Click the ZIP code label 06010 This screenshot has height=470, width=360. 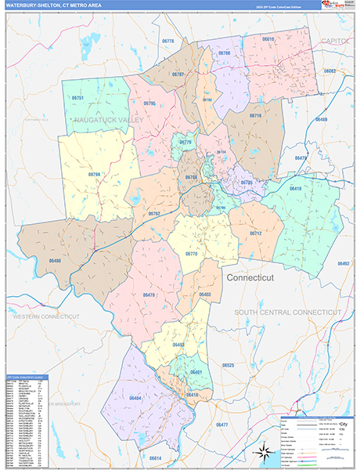(268, 38)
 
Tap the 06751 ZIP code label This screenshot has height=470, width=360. (77, 97)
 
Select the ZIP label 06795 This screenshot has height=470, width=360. (149, 103)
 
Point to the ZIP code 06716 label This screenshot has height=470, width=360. (254, 115)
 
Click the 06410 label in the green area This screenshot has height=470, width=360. (294, 189)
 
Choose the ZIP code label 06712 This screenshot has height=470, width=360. (255, 233)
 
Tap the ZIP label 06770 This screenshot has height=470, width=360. (192, 254)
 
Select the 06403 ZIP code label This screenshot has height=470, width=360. (205, 294)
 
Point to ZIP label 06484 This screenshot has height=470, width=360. (135, 398)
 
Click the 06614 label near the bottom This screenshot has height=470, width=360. (155, 457)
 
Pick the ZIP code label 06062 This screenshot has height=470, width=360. (329, 71)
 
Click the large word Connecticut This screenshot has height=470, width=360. (253, 278)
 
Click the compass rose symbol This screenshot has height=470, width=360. (263, 450)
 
